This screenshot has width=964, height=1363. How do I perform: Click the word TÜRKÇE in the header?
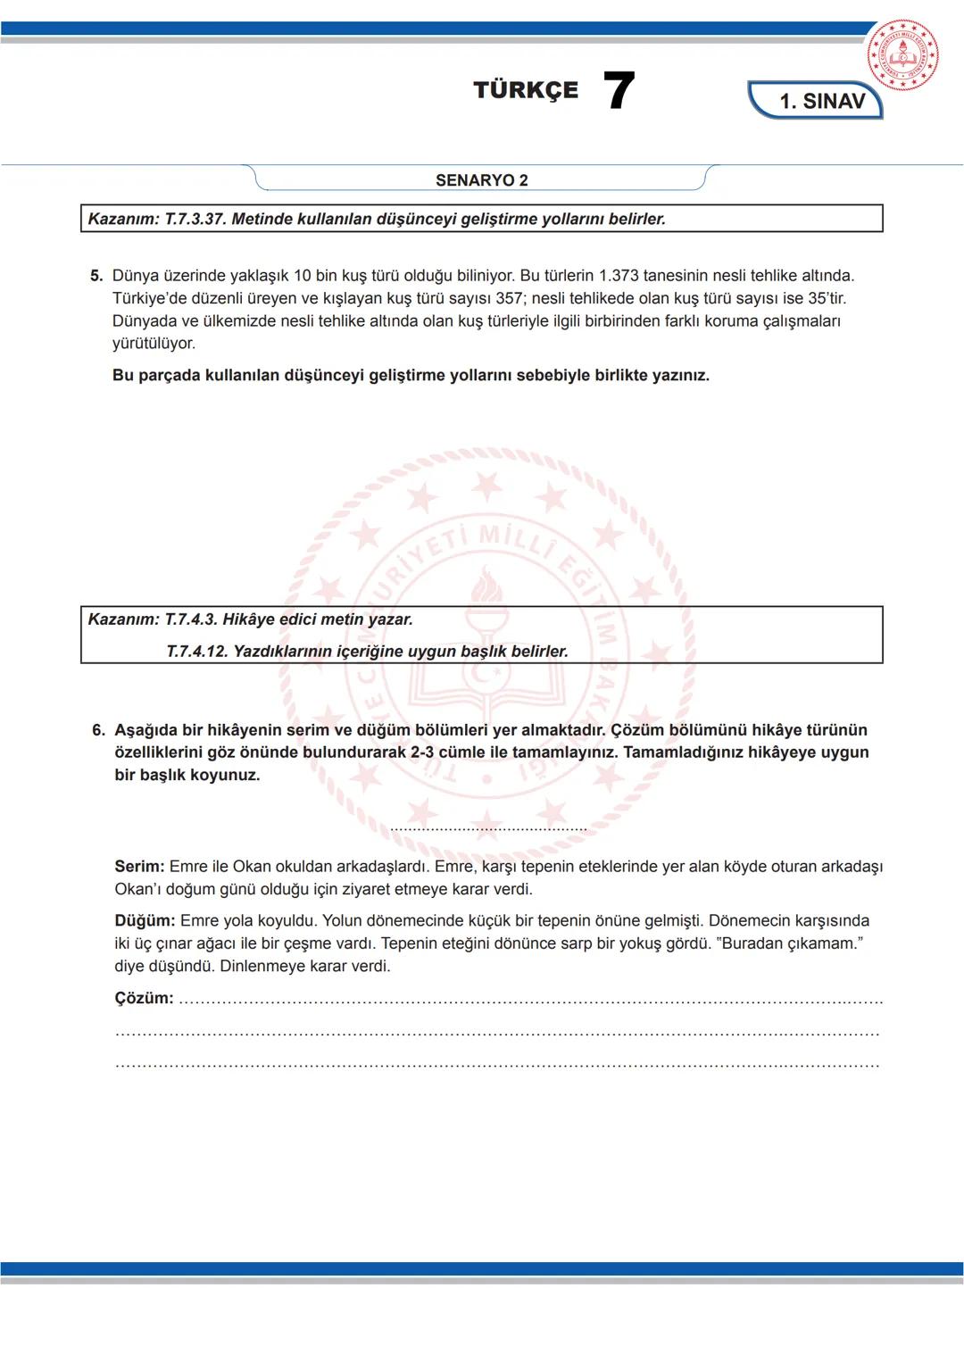526,90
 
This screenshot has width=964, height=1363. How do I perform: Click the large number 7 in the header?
619,91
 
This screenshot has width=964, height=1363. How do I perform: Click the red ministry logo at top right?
902,54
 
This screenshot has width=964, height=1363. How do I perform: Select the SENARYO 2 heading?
481,180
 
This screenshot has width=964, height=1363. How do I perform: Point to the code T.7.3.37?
195,219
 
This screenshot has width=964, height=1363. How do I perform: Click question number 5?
96,276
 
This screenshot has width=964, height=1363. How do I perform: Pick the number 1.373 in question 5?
619,276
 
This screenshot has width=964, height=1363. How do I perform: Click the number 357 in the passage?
509,298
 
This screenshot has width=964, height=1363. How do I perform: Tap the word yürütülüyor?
154,344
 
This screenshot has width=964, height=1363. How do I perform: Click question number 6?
98,730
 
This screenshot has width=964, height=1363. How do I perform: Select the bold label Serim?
139,867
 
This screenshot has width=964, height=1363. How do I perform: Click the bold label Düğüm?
145,921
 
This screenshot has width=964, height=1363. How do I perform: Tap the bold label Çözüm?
144,998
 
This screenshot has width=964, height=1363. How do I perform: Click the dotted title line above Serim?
488,829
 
